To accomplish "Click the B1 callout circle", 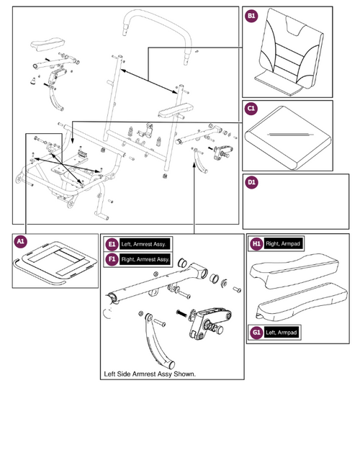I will click(251, 16).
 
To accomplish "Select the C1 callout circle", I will click(251, 109).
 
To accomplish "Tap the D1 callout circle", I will click(251, 183).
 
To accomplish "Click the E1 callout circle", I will click(112, 243).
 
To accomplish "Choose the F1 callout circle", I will click(112, 258).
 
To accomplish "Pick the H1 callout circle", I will click(256, 244).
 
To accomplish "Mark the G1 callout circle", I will click(256, 332).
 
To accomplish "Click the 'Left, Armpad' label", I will click(283, 332).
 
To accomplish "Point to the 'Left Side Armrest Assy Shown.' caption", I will click(150, 374).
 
